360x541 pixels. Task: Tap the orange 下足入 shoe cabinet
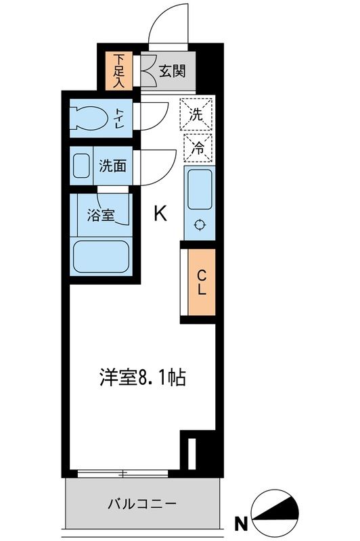click(119, 70)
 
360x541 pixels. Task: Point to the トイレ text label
click(120, 118)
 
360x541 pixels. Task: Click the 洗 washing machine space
click(196, 114)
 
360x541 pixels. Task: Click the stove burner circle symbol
click(199, 226)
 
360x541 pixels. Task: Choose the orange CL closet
click(201, 283)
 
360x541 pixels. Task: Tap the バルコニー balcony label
click(141, 504)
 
